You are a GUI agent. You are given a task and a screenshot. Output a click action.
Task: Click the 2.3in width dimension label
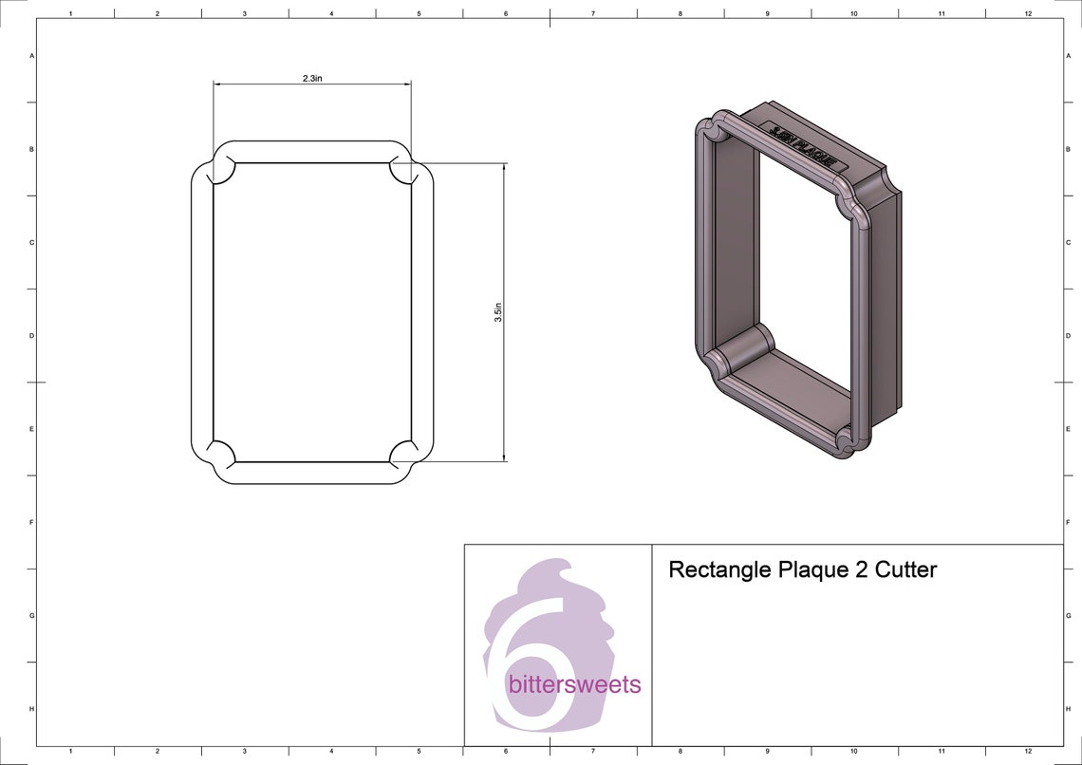coord(311,79)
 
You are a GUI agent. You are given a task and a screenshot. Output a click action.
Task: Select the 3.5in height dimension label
coord(498,312)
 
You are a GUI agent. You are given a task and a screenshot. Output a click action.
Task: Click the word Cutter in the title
coord(905,569)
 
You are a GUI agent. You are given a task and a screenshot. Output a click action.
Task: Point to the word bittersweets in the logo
coord(574,684)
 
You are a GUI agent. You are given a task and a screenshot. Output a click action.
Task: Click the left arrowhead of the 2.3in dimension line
coord(217,84)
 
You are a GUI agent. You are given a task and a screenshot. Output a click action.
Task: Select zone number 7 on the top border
coord(592,13)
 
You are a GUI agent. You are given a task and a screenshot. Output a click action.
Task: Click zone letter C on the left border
coord(32,243)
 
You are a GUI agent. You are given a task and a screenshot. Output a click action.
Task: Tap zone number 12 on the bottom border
coord(1028,751)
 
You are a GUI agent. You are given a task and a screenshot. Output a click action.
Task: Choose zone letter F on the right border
coord(1068,522)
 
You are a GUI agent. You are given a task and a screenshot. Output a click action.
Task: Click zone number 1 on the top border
coord(70,13)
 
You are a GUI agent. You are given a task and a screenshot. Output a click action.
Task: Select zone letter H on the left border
coord(32,709)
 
